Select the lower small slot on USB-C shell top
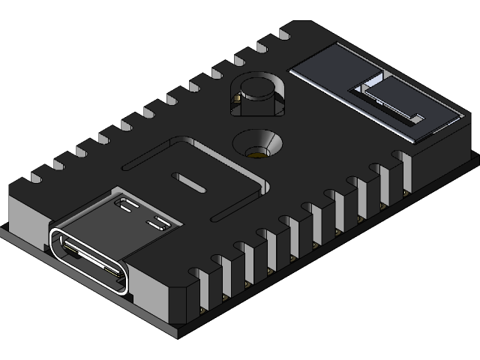click(x=158, y=223)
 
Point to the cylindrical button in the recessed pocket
click(x=257, y=91)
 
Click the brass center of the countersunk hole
click(x=257, y=153)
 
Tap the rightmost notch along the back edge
click(x=285, y=34)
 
